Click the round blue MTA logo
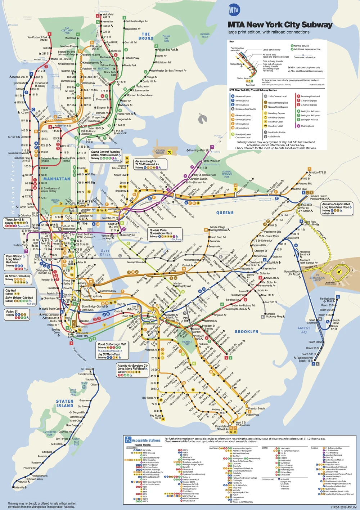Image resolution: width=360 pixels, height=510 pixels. pyautogui.click(x=234, y=10)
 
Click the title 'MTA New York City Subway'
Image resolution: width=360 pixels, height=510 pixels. pyautogui.click(x=280, y=25)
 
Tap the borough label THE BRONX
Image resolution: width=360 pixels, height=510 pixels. pyautogui.click(x=146, y=36)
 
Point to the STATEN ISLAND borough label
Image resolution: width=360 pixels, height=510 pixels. pyautogui.click(x=65, y=403)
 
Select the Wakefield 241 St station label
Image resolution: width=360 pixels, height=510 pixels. pyautogui.click(x=108, y=15)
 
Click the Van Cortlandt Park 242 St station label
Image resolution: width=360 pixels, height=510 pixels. pyautogui.click(x=37, y=39)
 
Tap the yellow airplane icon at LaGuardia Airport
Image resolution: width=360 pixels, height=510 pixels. pyautogui.click(x=170, y=152)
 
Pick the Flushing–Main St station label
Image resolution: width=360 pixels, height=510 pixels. pyautogui.click(x=199, y=150)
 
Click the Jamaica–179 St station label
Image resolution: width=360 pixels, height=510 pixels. pyautogui.click(x=317, y=173)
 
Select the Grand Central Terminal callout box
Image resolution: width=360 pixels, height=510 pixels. pyautogui.click(x=105, y=155)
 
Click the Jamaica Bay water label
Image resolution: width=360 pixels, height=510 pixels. pyautogui.click(x=304, y=330)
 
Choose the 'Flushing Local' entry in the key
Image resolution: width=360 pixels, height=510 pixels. pyautogui.click(x=307, y=126)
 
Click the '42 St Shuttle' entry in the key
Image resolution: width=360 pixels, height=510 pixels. pyautogui.click(x=276, y=137)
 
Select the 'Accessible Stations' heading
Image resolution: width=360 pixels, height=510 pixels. pyautogui.click(x=146, y=440)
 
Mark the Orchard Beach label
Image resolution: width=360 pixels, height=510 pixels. pyautogui.click(x=204, y=35)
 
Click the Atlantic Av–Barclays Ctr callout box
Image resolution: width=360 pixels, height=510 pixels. pyautogui.click(x=132, y=370)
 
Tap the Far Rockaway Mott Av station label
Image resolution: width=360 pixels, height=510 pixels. pyautogui.click(x=328, y=300)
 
